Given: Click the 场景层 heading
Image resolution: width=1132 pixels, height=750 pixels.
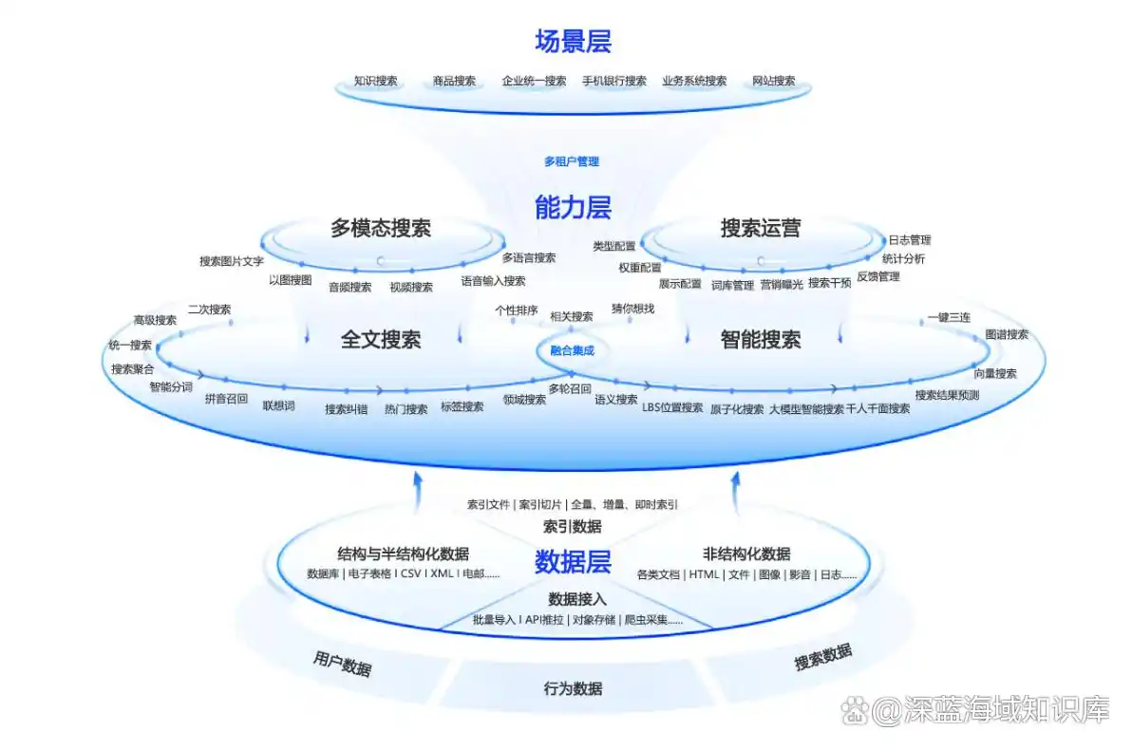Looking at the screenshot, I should pyautogui.click(x=573, y=42).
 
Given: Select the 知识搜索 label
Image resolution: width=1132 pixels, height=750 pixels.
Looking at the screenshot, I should pyautogui.click(x=375, y=82).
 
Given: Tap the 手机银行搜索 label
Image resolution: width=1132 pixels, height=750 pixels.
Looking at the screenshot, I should pyautogui.click(x=614, y=82).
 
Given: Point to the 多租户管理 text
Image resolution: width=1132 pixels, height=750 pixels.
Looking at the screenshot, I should pyautogui.click(x=572, y=162).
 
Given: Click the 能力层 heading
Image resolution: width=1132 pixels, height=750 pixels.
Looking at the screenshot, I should pyautogui.click(x=573, y=207).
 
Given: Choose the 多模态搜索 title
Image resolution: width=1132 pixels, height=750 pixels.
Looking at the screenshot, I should pyautogui.click(x=381, y=228).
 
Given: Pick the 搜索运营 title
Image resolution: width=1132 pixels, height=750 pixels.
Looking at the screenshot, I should pyautogui.click(x=761, y=228).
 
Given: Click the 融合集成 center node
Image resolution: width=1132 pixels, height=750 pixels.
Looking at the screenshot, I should pyautogui.click(x=572, y=351).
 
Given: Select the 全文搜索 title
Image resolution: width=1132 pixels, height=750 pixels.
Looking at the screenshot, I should pyautogui.click(x=381, y=339).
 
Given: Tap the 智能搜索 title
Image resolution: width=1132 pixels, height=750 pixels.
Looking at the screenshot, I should pyautogui.click(x=761, y=339).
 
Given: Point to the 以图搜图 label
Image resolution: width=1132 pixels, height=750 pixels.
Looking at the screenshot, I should pyautogui.click(x=290, y=280).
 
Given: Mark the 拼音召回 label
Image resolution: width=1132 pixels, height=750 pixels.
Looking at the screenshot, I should pyautogui.click(x=226, y=400).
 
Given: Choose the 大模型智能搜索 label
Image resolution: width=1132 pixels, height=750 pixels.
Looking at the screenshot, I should pyautogui.click(x=806, y=409).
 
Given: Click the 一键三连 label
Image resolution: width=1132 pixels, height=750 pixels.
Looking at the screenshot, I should pyautogui.click(x=949, y=318).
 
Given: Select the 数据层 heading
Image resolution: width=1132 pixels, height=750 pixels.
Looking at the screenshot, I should pyautogui.click(x=573, y=562).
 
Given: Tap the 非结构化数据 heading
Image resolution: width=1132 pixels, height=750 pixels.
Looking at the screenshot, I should pyautogui.click(x=746, y=554).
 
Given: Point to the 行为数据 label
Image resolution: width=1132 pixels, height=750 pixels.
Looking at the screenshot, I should pyautogui.click(x=573, y=688).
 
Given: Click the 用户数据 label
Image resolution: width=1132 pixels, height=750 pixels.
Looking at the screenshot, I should pyautogui.click(x=342, y=664).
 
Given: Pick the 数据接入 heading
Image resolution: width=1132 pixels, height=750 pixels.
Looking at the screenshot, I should pyautogui.click(x=577, y=599).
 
